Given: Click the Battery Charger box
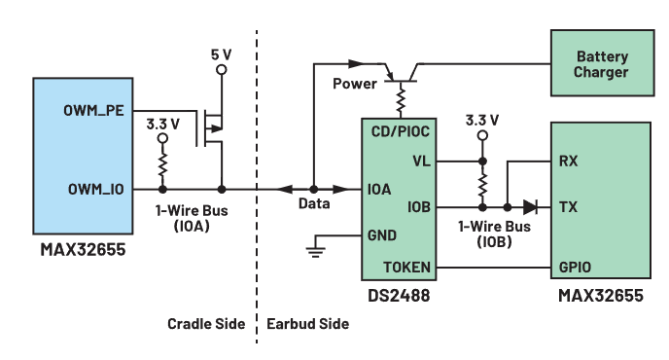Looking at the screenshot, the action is pyautogui.click(x=602, y=63).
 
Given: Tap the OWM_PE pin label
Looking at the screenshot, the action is pyautogui.click(x=93, y=111).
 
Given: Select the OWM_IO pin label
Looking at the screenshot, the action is pyautogui.click(x=96, y=189).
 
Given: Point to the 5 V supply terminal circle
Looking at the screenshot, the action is pyautogui.click(x=222, y=70).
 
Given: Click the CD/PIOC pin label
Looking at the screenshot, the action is pyautogui.click(x=401, y=131).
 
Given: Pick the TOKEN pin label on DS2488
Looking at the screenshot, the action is pyautogui.click(x=406, y=268).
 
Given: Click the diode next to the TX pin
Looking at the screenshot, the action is pyautogui.click(x=530, y=207).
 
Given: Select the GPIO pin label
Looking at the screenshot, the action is pyautogui.click(x=575, y=268).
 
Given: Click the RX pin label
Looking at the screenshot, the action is pyautogui.click(x=568, y=161).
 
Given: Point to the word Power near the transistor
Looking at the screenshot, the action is pyautogui.click(x=355, y=84).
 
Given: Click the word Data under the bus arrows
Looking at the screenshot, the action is pyautogui.click(x=314, y=203).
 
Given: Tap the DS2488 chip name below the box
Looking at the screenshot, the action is pyautogui.click(x=399, y=296).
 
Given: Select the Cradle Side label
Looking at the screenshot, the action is pyautogui.click(x=206, y=324).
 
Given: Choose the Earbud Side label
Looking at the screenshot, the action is pyautogui.click(x=307, y=324).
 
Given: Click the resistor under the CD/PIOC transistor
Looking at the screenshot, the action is pyautogui.click(x=401, y=98).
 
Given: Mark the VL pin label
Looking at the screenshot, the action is pyautogui.click(x=422, y=162).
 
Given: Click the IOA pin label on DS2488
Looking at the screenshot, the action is pyautogui.click(x=379, y=189).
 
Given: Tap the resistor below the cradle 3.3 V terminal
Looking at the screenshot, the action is pyautogui.click(x=162, y=164).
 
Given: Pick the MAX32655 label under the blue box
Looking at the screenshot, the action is pyautogui.click(x=84, y=249).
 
